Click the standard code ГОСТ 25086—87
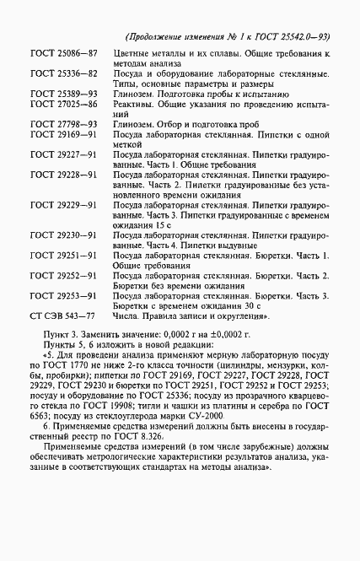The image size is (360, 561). pos(64,53)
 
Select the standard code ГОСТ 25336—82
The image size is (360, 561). pos(64,73)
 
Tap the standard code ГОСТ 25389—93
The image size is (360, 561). pos(64,94)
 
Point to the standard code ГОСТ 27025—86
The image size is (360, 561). pos(64,104)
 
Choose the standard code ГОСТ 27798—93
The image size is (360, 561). pos(64,124)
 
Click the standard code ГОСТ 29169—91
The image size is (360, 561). pos(64,134)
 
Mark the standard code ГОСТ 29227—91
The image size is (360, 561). pos(64,154)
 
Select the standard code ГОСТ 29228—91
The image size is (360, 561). pos(64,175)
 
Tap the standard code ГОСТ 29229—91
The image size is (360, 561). pos(64,205)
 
